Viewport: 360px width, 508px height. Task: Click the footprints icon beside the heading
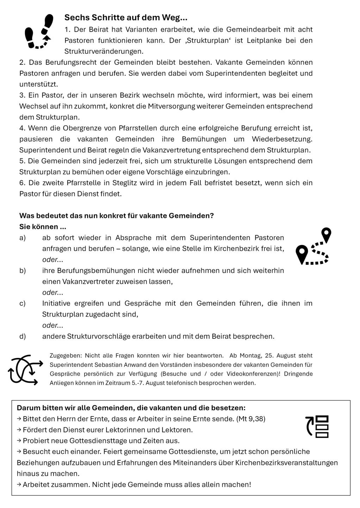click(x=39, y=32)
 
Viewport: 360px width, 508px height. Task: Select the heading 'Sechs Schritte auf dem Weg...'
click(x=126, y=18)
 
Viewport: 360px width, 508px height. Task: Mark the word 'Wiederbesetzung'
click(x=282, y=139)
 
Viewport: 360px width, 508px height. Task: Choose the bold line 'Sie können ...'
click(x=43, y=227)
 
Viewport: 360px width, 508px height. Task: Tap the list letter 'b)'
click(x=23, y=271)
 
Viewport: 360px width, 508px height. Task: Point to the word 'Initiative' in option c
click(x=56, y=303)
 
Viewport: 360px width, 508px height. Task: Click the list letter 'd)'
click(x=23, y=337)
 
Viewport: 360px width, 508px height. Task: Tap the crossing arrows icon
click(x=25, y=370)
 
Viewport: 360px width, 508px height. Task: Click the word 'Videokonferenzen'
click(x=252, y=374)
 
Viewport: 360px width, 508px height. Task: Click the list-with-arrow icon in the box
click(x=317, y=427)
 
